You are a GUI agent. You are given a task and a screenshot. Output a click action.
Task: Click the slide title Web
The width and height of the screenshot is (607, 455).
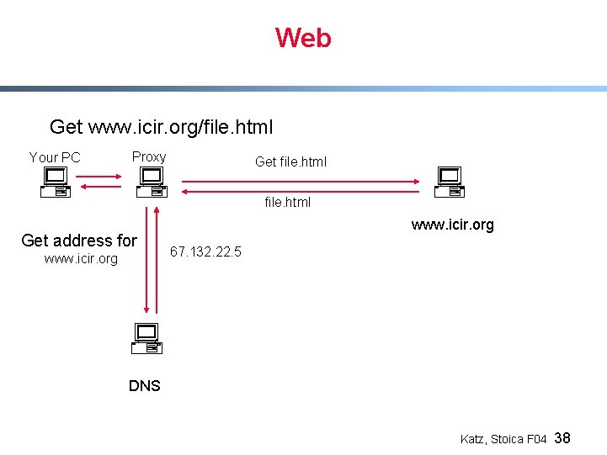point(303,38)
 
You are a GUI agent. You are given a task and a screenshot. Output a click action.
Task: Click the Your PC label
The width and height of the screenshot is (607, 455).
point(55,157)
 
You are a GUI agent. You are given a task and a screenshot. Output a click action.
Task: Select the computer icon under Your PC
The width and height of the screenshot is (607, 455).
point(56,182)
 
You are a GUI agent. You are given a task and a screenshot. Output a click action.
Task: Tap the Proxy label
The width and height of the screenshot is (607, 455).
point(149,156)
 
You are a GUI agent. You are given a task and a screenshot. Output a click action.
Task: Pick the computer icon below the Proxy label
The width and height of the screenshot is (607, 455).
point(151,182)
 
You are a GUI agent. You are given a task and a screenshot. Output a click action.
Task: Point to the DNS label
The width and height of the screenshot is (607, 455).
point(145,386)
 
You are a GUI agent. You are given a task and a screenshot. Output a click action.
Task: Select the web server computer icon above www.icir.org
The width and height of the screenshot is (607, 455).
point(450,182)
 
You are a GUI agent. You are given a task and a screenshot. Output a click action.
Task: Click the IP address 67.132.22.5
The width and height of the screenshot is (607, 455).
point(205,251)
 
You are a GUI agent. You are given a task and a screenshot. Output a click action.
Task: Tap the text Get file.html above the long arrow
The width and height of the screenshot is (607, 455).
point(290,161)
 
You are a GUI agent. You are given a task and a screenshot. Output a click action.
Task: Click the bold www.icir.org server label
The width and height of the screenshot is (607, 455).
point(452,225)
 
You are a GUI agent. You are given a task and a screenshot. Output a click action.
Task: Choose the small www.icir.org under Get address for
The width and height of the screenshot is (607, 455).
point(81,259)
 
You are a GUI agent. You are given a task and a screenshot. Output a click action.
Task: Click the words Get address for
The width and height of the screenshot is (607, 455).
point(79,241)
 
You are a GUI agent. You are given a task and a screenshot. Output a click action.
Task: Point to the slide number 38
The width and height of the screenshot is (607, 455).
point(563,438)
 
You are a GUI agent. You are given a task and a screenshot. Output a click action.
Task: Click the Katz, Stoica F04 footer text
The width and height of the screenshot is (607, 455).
point(503,439)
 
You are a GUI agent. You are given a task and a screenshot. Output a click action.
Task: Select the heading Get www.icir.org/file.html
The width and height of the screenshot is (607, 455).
point(161,127)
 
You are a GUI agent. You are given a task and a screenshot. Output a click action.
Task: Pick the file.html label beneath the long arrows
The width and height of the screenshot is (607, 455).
point(288,202)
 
